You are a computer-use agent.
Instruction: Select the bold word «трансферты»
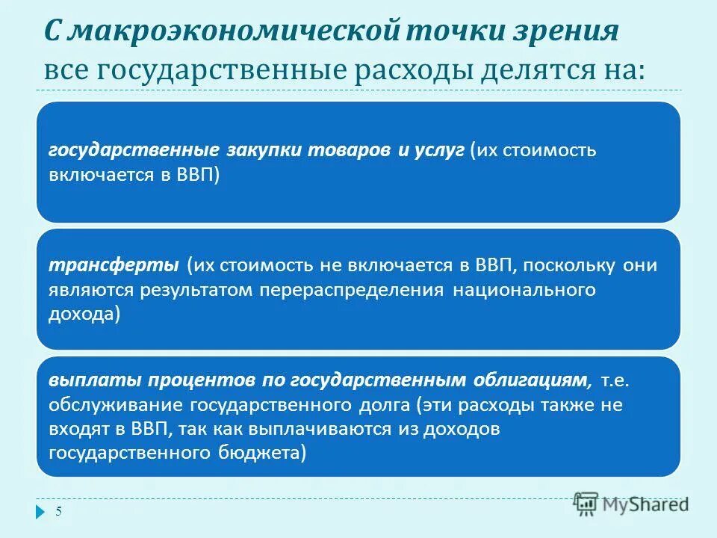pyautogui.click(x=114, y=265)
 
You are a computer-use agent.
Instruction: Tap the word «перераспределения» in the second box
pyautogui.click(x=355, y=291)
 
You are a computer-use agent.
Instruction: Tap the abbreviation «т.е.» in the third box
pyautogui.click(x=615, y=380)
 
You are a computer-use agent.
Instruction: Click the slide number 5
pyautogui.click(x=59, y=512)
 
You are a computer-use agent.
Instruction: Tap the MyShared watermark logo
pyautogui.click(x=632, y=504)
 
